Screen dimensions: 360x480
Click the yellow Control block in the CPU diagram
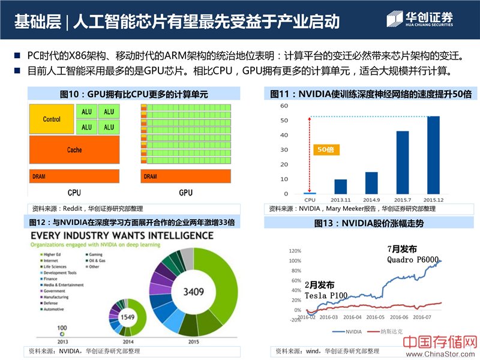[x=52, y=119]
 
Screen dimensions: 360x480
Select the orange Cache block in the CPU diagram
[x=74, y=150]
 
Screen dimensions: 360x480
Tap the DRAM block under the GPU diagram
[x=185, y=176]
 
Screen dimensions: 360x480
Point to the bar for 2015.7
[x=402, y=163]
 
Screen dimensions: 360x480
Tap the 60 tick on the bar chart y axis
[x=284, y=106]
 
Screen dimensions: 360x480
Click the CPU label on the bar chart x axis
[x=310, y=200]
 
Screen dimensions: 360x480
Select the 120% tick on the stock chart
[x=294, y=250]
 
